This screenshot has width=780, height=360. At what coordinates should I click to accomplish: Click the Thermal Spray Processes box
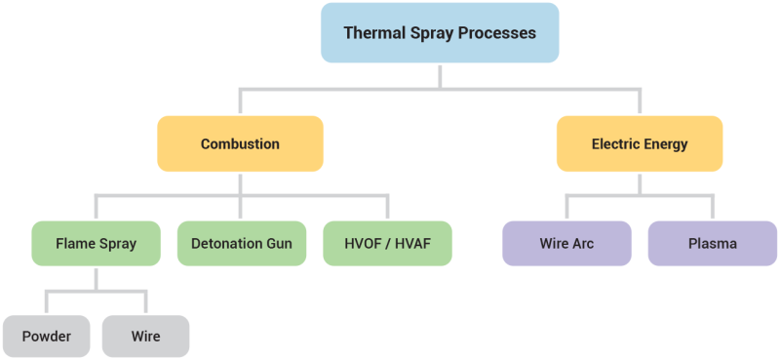(x=440, y=33)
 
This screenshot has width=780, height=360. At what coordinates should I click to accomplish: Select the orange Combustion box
(x=240, y=144)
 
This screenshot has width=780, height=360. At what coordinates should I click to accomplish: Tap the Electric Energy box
(x=640, y=144)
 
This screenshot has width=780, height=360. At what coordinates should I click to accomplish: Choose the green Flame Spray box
(x=96, y=243)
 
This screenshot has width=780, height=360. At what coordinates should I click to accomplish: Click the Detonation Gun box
(x=240, y=243)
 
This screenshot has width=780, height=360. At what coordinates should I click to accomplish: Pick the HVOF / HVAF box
(x=387, y=243)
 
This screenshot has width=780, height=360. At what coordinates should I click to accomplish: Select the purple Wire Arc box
(x=567, y=243)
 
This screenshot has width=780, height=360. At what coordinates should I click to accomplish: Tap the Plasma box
(x=712, y=243)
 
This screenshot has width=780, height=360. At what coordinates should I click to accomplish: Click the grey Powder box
(x=47, y=337)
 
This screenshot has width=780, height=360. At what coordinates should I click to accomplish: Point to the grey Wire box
(x=145, y=337)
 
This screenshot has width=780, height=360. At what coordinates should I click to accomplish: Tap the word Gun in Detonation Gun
(x=277, y=243)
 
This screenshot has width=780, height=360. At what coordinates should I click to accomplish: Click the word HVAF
(x=409, y=243)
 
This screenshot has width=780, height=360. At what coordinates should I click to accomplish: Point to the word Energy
(x=665, y=144)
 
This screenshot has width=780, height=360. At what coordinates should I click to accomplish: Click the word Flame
(x=74, y=243)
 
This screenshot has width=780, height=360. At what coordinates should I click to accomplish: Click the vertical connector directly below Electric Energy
(x=640, y=183)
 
